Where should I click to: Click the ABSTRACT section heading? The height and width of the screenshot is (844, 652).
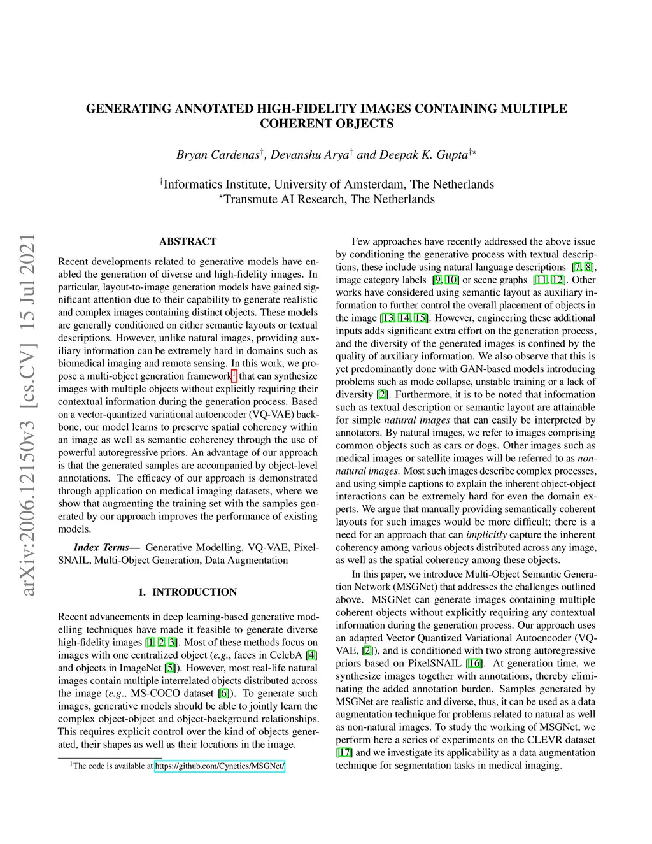188,241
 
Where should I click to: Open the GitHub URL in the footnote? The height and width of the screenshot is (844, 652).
220,766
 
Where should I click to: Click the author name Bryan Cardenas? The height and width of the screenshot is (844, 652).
218,155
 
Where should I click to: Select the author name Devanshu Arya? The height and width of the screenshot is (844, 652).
309,155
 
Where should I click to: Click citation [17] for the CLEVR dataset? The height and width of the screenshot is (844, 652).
344,752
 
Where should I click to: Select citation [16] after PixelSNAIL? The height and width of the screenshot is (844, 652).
474,663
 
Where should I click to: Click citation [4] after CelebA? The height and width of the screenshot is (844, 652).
311,655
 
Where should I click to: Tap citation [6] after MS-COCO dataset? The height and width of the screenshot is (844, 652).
223,693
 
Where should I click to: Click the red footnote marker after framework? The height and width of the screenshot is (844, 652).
234,374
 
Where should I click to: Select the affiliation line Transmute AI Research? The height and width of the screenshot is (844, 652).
329,199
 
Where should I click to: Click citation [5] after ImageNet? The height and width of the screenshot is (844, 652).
170,668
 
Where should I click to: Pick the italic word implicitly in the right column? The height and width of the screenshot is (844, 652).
486,534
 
